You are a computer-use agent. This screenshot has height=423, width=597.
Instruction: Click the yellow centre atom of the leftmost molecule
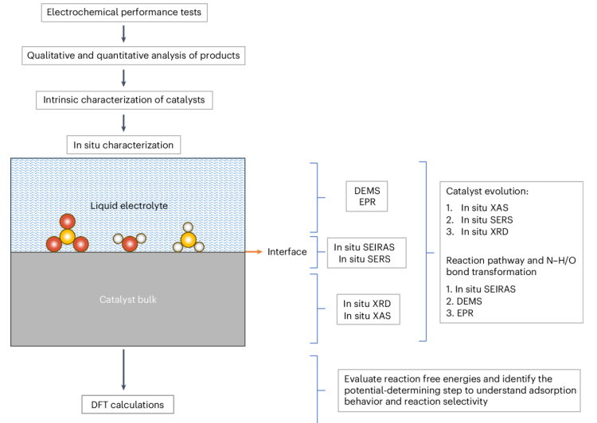click(68, 236)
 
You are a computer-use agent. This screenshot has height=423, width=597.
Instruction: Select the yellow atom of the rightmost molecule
click(189, 239)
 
